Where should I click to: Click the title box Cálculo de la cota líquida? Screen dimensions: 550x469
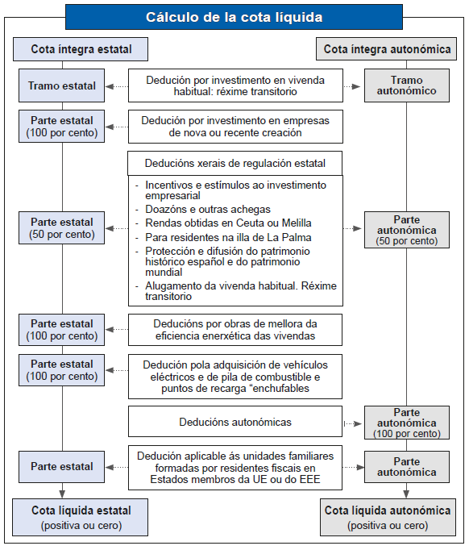pos(234,17)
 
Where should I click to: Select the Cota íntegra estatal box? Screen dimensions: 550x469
pos(81,49)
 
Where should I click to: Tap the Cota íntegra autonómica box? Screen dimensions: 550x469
pos(387,49)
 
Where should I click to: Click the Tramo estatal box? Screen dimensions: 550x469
pos(62,85)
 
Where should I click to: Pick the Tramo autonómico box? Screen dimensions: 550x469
pos(407,85)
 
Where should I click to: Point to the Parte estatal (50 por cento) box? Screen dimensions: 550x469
pos(62,228)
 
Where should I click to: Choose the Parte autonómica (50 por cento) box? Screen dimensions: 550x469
pos(407,230)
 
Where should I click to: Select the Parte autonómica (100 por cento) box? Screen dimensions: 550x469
pos(407,423)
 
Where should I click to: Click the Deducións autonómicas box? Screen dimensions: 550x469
pos(235,422)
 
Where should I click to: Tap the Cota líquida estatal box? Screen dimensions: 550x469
pos(81,517)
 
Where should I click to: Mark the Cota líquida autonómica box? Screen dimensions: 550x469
pos(387,517)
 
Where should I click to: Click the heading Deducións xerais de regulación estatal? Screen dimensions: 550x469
pos(235,163)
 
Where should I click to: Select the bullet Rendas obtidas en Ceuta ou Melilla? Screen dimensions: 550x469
pos(228,223)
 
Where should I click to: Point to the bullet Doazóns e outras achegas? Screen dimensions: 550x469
pos(208,210)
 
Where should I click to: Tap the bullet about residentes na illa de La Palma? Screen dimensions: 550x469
pos(228,237)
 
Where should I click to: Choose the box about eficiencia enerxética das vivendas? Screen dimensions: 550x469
pos(235,330)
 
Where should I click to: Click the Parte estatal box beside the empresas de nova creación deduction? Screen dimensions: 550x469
pos(62,126)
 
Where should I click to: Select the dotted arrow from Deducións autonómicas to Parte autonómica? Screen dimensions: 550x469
pos(353,423)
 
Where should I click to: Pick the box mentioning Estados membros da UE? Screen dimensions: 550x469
pos(235,467)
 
